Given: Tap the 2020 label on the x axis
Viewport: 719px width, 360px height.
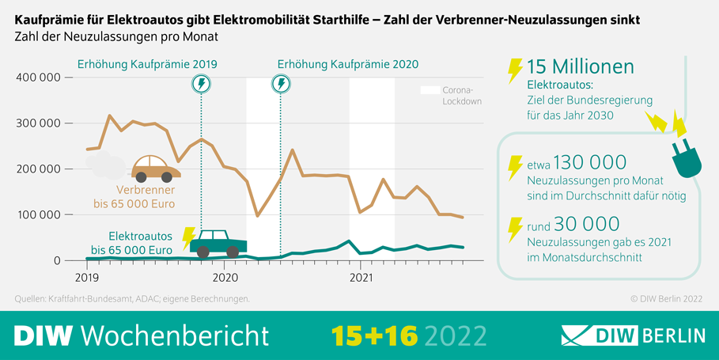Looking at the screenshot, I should (225, 278).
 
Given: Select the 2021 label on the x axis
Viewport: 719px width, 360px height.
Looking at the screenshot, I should (361, 278).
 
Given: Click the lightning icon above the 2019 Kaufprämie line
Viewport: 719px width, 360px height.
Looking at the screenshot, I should (201, 84).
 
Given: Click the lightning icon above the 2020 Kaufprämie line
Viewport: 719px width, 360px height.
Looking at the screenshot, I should (281, 84).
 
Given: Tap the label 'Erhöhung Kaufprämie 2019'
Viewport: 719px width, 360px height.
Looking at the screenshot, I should (146, 64).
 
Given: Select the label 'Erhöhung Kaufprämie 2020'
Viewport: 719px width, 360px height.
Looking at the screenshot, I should (348, 64).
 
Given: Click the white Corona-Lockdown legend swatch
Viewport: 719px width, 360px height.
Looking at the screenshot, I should (430, 91).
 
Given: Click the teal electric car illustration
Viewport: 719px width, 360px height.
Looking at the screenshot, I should (218, 244).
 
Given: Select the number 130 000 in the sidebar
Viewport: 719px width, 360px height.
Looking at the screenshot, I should (591, 163).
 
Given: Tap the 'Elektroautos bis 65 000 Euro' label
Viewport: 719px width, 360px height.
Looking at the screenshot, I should (131, 243).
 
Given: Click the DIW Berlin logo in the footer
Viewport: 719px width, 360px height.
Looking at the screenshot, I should (633, 335).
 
